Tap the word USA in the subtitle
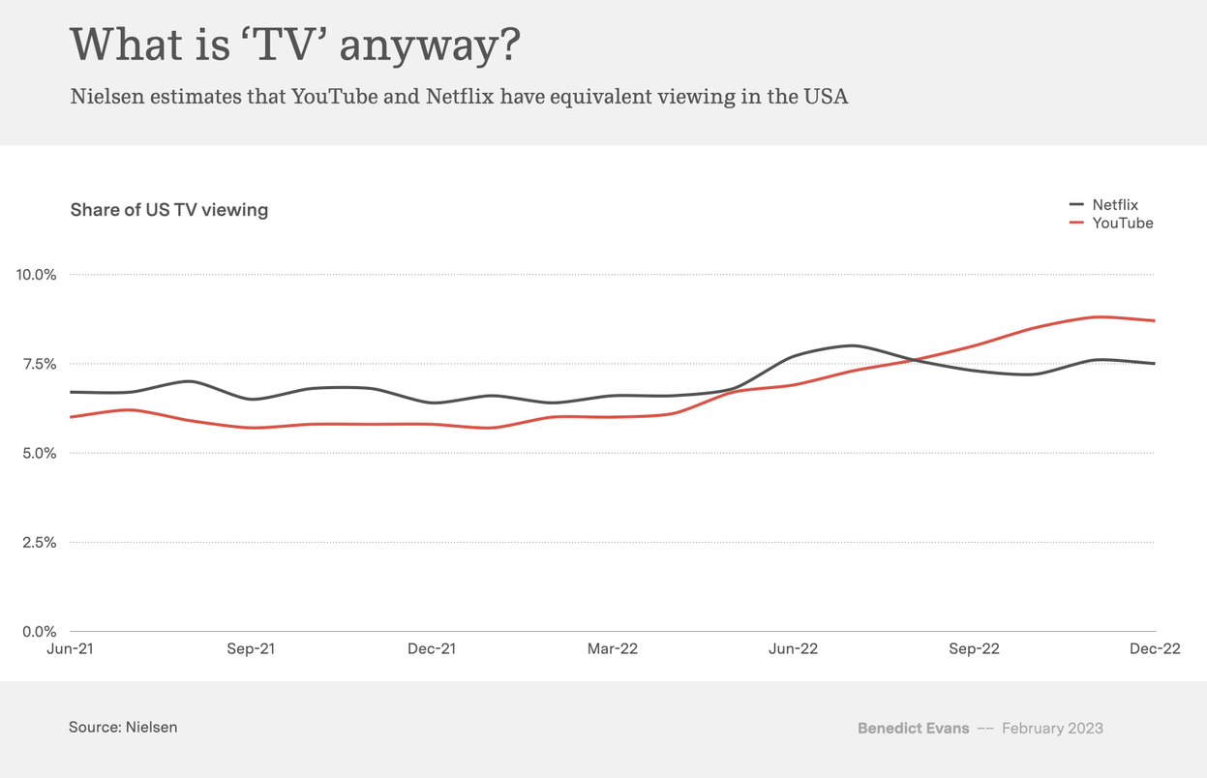[826, 97]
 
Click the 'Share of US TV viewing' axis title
[169, 209]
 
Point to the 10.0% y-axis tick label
[37, 275]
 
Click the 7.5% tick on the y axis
[40, 364]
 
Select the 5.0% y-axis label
[40, 453]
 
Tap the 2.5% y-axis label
[40, 542]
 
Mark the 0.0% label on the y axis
[40, 631]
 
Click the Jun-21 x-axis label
[71, 648]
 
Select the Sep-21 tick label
[251, 648]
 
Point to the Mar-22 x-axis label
[613, 648]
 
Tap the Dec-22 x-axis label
[1155, 648]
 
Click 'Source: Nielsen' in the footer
[123, 727]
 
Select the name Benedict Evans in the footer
[913, 728]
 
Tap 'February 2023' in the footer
[1052, 728]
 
